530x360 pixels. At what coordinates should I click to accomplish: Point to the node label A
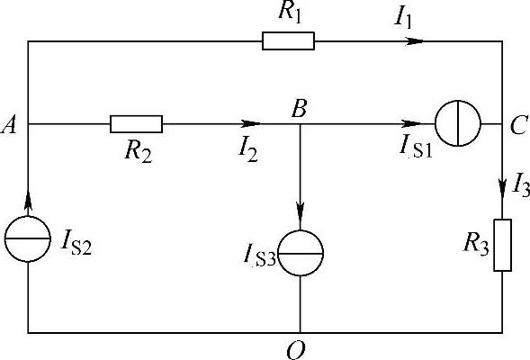pyautogui.click(x=9, y=126)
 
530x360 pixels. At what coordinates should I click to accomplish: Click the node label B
pyautogui.click(x=300, y=109)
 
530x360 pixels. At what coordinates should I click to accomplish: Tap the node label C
pyautogui.click(x=518, y=125)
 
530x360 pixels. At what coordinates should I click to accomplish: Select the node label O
pyautogui.click(x=296, y=350)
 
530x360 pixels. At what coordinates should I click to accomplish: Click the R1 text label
pyautogui.click(x=290, y=13)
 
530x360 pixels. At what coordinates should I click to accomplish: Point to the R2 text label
pyautogui.click(x=139, y=151)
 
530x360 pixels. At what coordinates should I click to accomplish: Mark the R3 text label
pyautogui.click(x=476, y=244)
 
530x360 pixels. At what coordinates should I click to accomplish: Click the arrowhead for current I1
pyautogui.click(x=414, y=41)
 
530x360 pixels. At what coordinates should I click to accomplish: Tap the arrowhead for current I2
pyautogui.click(x=251, y=123)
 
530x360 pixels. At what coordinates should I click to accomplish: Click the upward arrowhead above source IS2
pyautogui.click(x=28, y=202)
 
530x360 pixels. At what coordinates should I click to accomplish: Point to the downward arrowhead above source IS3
pyautogui.click(x=301, y=212)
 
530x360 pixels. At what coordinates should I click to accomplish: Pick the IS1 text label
pyautogui.click(x=416, y=147)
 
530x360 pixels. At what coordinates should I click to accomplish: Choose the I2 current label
pyautogui.click(x=248, y=151)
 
